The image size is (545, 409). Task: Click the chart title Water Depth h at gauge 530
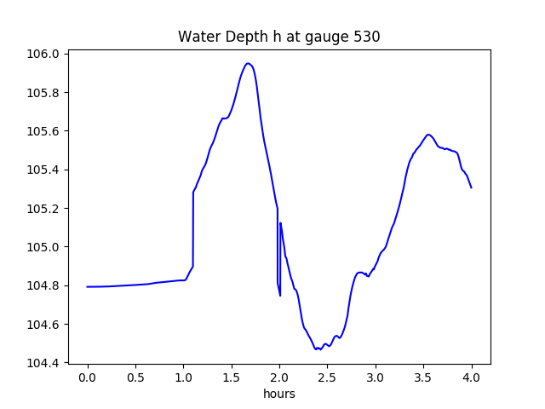[x=278, y=37]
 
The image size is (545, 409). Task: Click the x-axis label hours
[x=278, y=395]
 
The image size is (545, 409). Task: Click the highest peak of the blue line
[x=248, y=63]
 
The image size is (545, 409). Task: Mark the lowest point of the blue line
[x=317, y=349]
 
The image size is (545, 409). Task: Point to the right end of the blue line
[x=471, y=187]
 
